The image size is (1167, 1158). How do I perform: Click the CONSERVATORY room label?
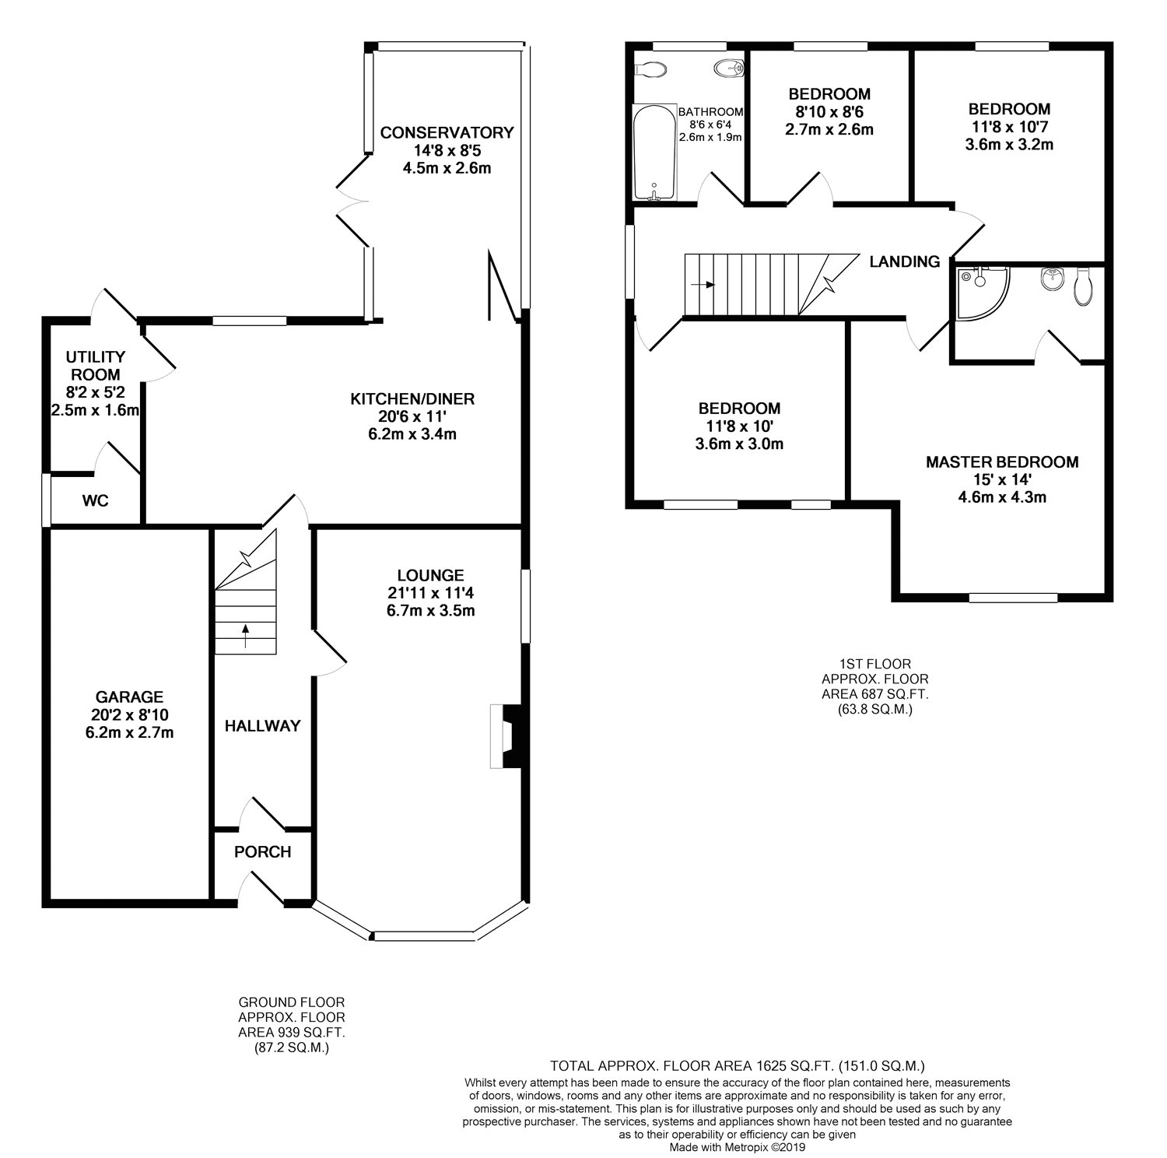pyautogui.click(x=447, y=133)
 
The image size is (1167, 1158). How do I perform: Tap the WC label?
pyautogui.click(x=96, y=501)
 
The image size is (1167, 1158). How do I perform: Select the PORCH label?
pyautogui.click(x=263, y=852)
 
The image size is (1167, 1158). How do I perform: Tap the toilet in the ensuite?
pyautogui.click(x=1083, y=286)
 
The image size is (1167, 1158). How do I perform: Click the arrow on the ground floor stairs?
pyautogui.click(x=247, y=636)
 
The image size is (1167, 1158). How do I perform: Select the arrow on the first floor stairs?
pyautogui.click(x=705, y=285)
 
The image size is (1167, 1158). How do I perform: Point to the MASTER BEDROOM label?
pyautogui.click(x=1002, y=462)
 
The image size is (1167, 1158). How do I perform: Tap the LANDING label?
pyautogui.click(x=905, y=262)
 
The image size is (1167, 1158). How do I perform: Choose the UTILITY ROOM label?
pyautogui.click(x=96, y=366)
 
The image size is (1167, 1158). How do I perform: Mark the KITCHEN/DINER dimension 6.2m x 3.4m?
pyautogui.click(x=412, y=434)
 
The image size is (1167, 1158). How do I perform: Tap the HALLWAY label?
pyautogui.click(x=263, y=726)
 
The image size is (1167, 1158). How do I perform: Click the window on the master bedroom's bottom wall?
pyautogui.click(x=1014, y=598)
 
